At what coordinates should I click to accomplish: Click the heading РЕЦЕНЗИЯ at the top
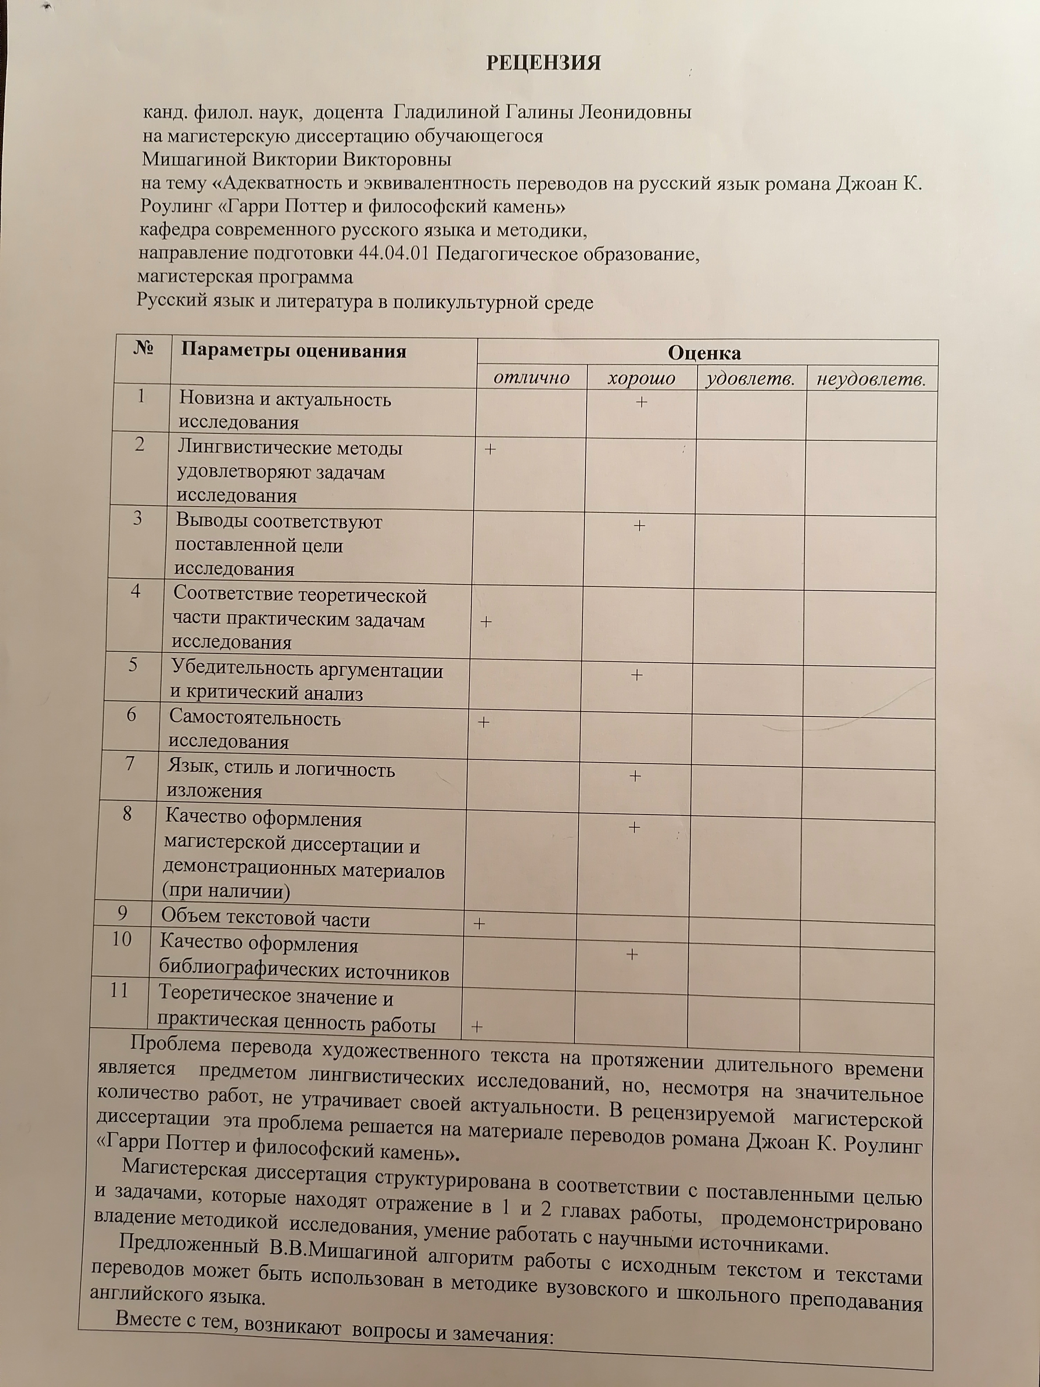coord(544,63)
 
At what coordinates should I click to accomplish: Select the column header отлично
coord(531,378)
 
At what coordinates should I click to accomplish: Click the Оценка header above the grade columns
coord(704,353)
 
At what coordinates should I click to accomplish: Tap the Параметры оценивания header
coord(293,351)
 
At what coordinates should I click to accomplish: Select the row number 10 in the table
coord(122,939)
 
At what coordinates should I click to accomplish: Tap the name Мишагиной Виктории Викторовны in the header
coord(296,159)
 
